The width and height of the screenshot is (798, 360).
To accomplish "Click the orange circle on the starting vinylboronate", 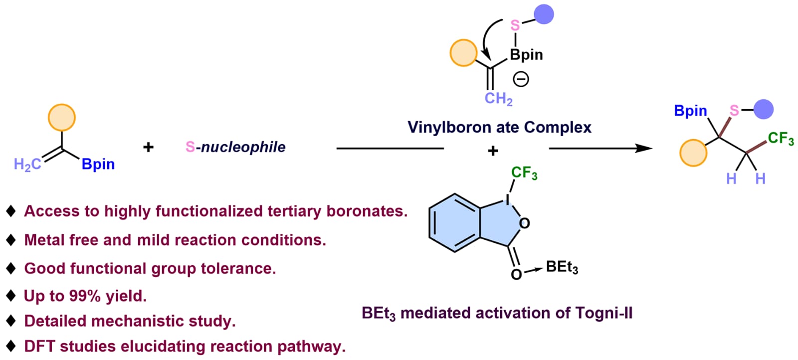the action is (62, 118).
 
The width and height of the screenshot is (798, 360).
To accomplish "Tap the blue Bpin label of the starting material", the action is (98, 165).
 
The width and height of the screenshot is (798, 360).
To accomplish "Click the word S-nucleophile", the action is (235, 147).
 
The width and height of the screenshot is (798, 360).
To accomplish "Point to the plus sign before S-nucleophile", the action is (148, 147).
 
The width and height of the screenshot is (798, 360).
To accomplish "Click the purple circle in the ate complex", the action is (544, 14).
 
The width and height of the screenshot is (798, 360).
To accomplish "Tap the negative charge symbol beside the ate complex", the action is (521, 79).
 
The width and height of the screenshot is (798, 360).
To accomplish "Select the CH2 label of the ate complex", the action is (498, 99).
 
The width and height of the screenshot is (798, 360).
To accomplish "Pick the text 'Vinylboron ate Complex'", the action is (499, 127).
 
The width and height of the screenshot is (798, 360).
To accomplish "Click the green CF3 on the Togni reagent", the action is (524, 173).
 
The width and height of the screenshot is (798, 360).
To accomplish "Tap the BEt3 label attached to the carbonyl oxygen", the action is (562, 267).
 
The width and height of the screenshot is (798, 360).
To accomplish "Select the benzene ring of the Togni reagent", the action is (454, 223).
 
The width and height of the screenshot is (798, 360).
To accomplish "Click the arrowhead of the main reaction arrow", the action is (644, 148).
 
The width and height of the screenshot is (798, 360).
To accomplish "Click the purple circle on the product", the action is (763, 109).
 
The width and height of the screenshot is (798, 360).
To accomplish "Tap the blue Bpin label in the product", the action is (690, 111).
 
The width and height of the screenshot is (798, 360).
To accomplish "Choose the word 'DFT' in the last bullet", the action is (39, 347).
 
